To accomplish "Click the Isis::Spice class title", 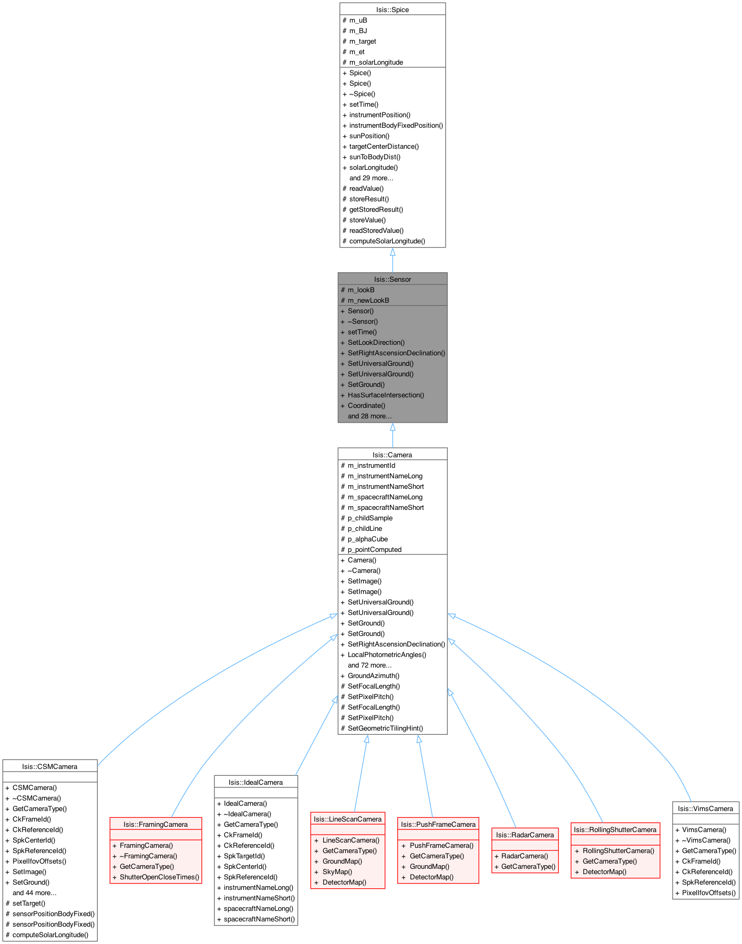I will [x=393, y=9].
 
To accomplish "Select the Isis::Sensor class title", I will [x=393, y=279].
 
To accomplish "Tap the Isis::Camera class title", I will [x=393, y=455].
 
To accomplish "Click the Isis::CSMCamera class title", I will [x=50, y=766].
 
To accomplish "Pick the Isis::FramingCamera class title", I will [x=156, y=824].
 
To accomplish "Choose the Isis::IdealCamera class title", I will [x=256, y=782].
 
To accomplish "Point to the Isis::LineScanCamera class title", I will [x=348, y=819].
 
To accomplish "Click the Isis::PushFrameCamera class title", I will [x=438, y=824].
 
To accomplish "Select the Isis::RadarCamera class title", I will [x=525, y=835].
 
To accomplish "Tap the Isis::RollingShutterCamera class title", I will [x=615, y=829].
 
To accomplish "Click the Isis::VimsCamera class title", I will [x=706, y=808].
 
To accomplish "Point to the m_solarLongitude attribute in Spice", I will [x=376, y=62].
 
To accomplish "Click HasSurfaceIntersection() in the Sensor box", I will [x=386, y=395].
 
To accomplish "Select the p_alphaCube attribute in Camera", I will [x=368, y=539].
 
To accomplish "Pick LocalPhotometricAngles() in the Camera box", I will [x=387, y=654].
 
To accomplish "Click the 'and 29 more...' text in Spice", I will [x=371, y=178].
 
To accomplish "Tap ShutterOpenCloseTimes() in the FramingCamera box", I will [x=159, y=877].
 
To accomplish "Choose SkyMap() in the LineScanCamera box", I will [x=337, y=871].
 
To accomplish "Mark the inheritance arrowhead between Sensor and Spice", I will [x=393, y=252].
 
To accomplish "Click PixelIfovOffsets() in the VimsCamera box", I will [x=709, y=892].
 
